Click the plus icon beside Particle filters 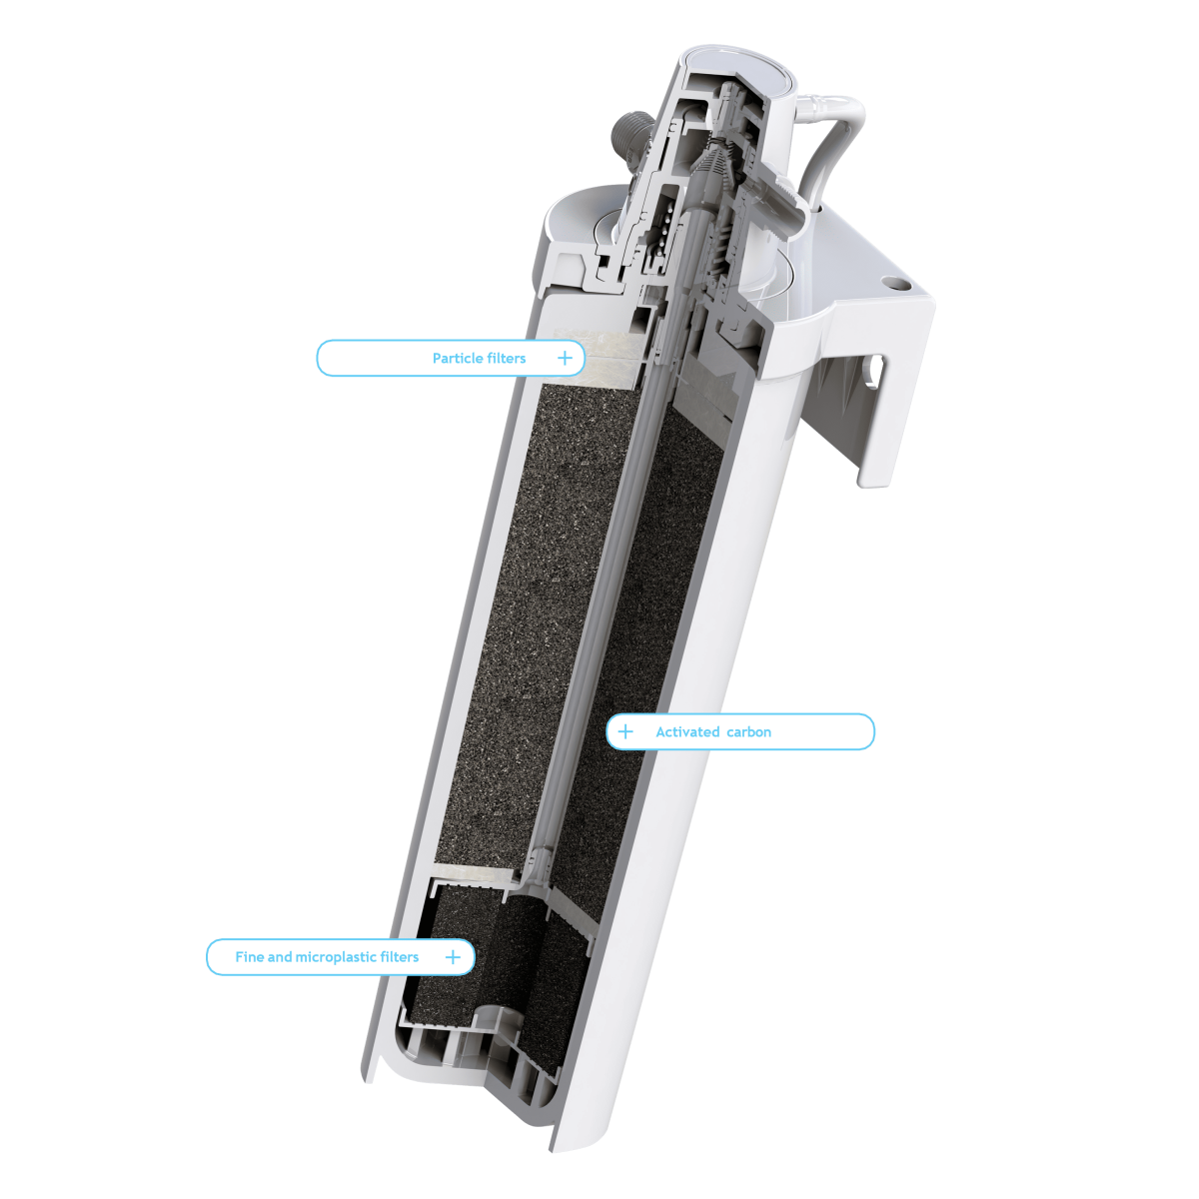(x=565, y=358)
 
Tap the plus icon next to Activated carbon (x=625, y=731)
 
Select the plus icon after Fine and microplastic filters (x=453, y=956)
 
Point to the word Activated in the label (x=686, y=731)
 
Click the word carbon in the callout (x=748, y=731)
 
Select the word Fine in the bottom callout (x=249, y=956)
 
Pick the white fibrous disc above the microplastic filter (x=475, y=877)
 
